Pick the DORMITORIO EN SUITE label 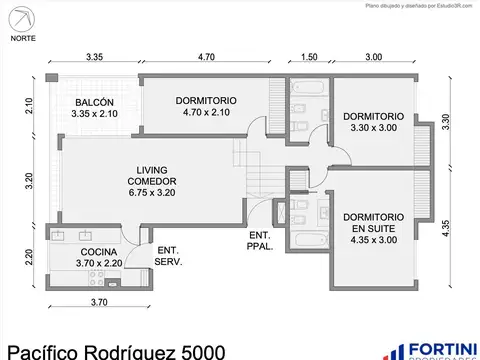tap(373, 227)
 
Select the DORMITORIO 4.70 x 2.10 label tap(207, 106)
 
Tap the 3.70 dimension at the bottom tap(99, 302)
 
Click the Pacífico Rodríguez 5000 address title tap(115, 349)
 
